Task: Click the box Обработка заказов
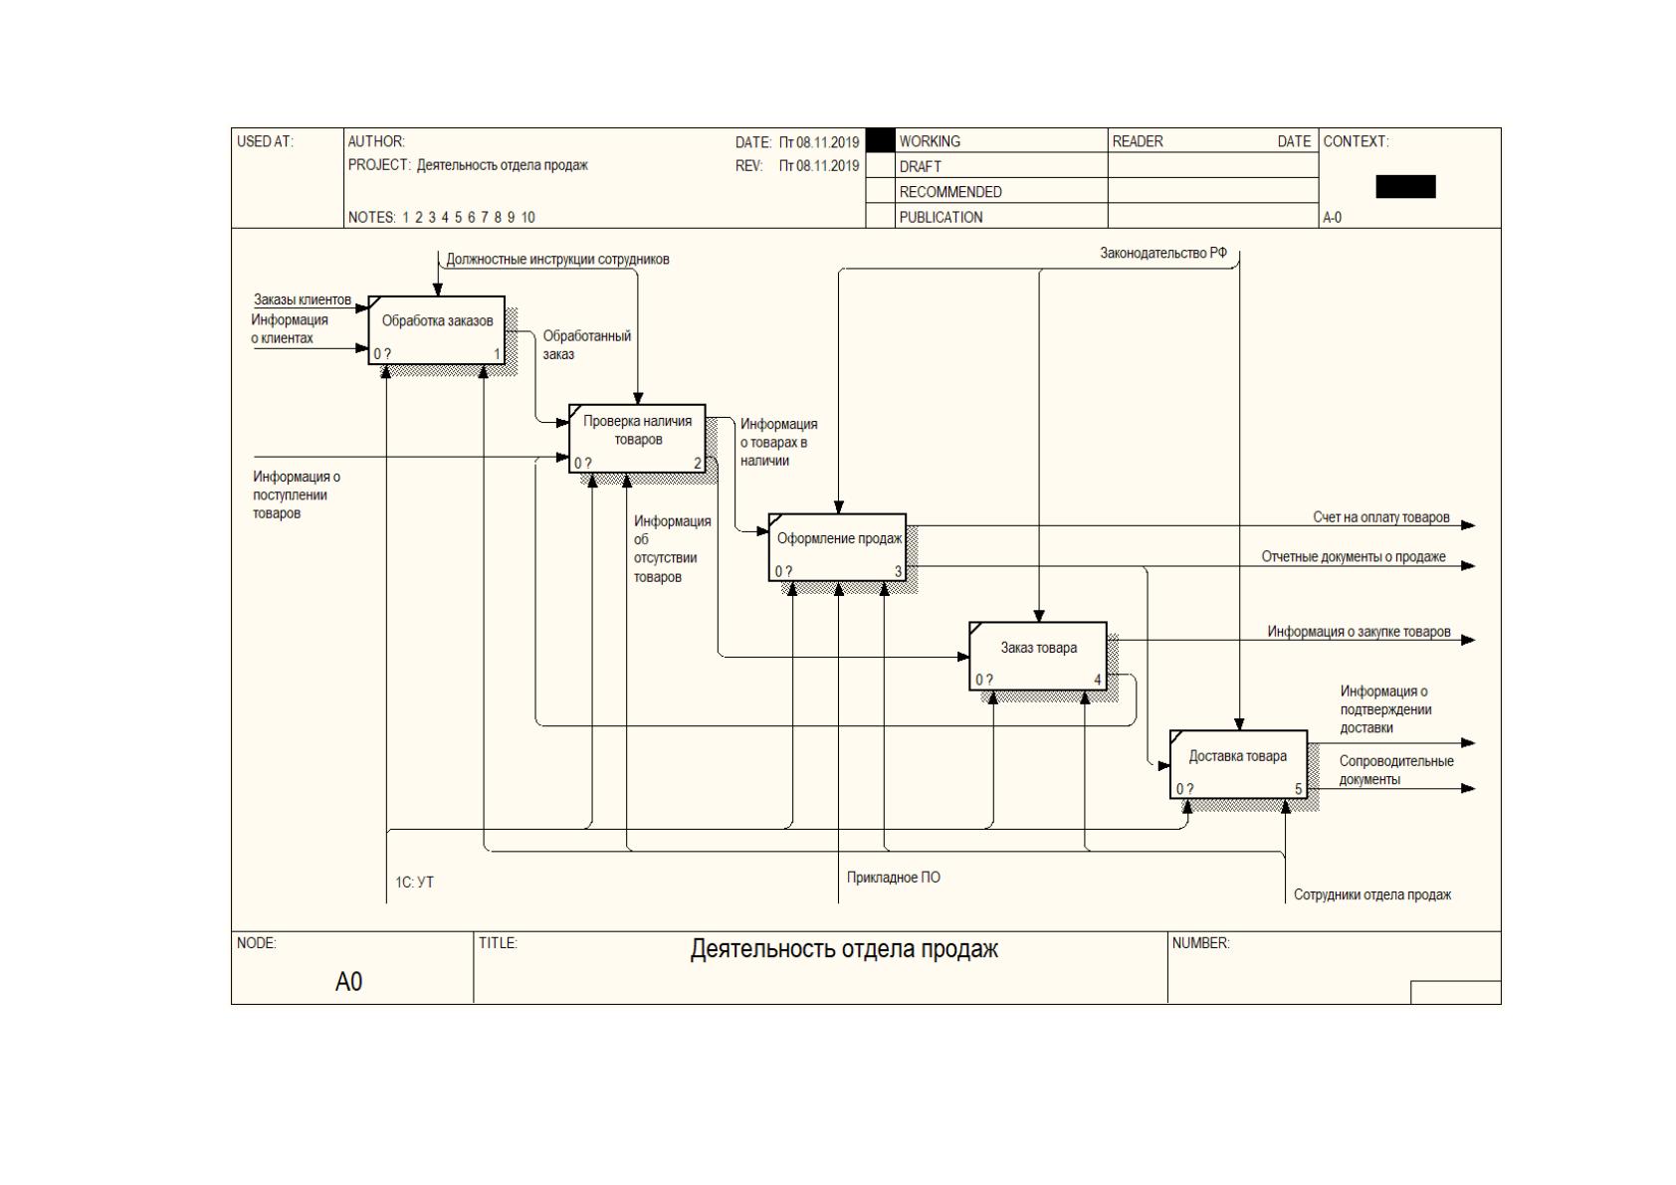[437, 330]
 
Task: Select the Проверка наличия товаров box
[638, 439]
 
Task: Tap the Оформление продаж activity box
[838, 547]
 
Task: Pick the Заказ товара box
[1038, 656]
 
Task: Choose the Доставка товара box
[1239, 764]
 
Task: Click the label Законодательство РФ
[1163, 254]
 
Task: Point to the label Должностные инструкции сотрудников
[557, 260]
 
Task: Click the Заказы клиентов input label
[303, 300]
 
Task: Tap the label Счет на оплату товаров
[1381, 517]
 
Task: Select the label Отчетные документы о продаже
[1354, 557]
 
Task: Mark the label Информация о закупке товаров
[1359, 632]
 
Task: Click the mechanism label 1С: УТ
[414, 883]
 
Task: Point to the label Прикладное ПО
[894, 878]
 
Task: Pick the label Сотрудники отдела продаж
[1372, 894]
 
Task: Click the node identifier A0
[348, 981]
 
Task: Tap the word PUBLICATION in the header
[941, 218]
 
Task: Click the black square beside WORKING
[880, 140]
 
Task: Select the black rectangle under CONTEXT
[1405, 187]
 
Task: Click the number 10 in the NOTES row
[527, 218]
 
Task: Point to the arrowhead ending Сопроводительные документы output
[1468, 788]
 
